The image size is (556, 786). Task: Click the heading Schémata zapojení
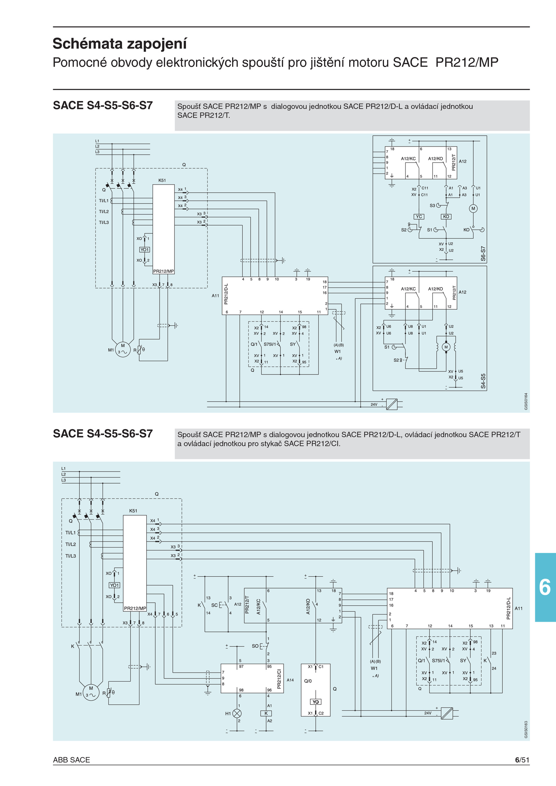click(120, 44)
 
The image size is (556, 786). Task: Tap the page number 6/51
click(522, 760)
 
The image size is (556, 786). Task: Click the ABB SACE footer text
click(71, 760)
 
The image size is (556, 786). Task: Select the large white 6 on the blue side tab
click(545, 587)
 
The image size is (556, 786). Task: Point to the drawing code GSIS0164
click(526, 401)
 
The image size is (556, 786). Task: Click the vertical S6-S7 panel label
click(483, 253)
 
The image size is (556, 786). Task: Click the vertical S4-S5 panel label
click(483, 381)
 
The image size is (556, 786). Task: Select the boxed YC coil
click(419, 217)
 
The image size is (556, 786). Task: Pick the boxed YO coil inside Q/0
click(316, 702)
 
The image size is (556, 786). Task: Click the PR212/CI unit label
click(279, 679)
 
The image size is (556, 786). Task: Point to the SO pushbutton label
click(255, 646)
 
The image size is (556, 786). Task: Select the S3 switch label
click(432, 206)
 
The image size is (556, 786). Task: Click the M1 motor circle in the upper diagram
click(123, 349)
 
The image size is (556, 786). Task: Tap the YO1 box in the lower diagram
click(114, 585)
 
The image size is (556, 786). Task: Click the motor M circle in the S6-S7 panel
click(473, 209)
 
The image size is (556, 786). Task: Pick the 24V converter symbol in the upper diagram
click(392, 404)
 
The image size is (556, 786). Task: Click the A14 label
click(290, 680)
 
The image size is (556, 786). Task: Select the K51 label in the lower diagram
click(133, 511)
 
